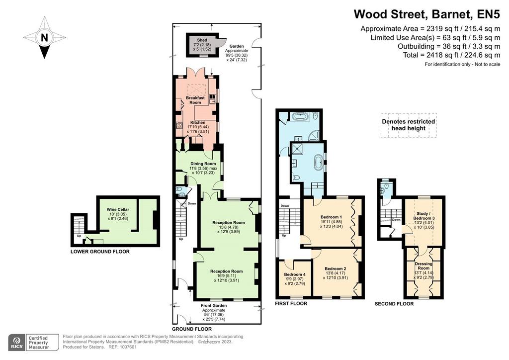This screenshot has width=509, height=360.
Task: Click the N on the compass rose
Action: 44,38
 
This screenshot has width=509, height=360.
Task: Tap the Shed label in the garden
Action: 202,40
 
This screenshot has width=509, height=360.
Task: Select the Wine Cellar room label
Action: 118,210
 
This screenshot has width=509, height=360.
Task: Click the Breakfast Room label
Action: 195,100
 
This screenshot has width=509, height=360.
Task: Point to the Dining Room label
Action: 203,164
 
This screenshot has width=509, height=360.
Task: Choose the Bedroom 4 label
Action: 295,274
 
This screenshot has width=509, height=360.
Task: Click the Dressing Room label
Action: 424,266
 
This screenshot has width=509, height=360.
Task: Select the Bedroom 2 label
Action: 336,269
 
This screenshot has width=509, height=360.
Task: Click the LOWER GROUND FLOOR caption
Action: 100,252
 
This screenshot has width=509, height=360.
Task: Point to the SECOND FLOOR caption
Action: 394,304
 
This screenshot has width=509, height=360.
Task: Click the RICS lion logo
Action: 16,342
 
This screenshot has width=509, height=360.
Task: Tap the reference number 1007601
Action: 129,347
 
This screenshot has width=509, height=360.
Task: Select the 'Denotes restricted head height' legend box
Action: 409,125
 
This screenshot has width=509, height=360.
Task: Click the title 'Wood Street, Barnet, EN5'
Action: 427,14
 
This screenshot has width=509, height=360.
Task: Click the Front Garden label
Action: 214,305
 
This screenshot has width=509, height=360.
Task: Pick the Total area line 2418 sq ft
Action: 451,55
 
